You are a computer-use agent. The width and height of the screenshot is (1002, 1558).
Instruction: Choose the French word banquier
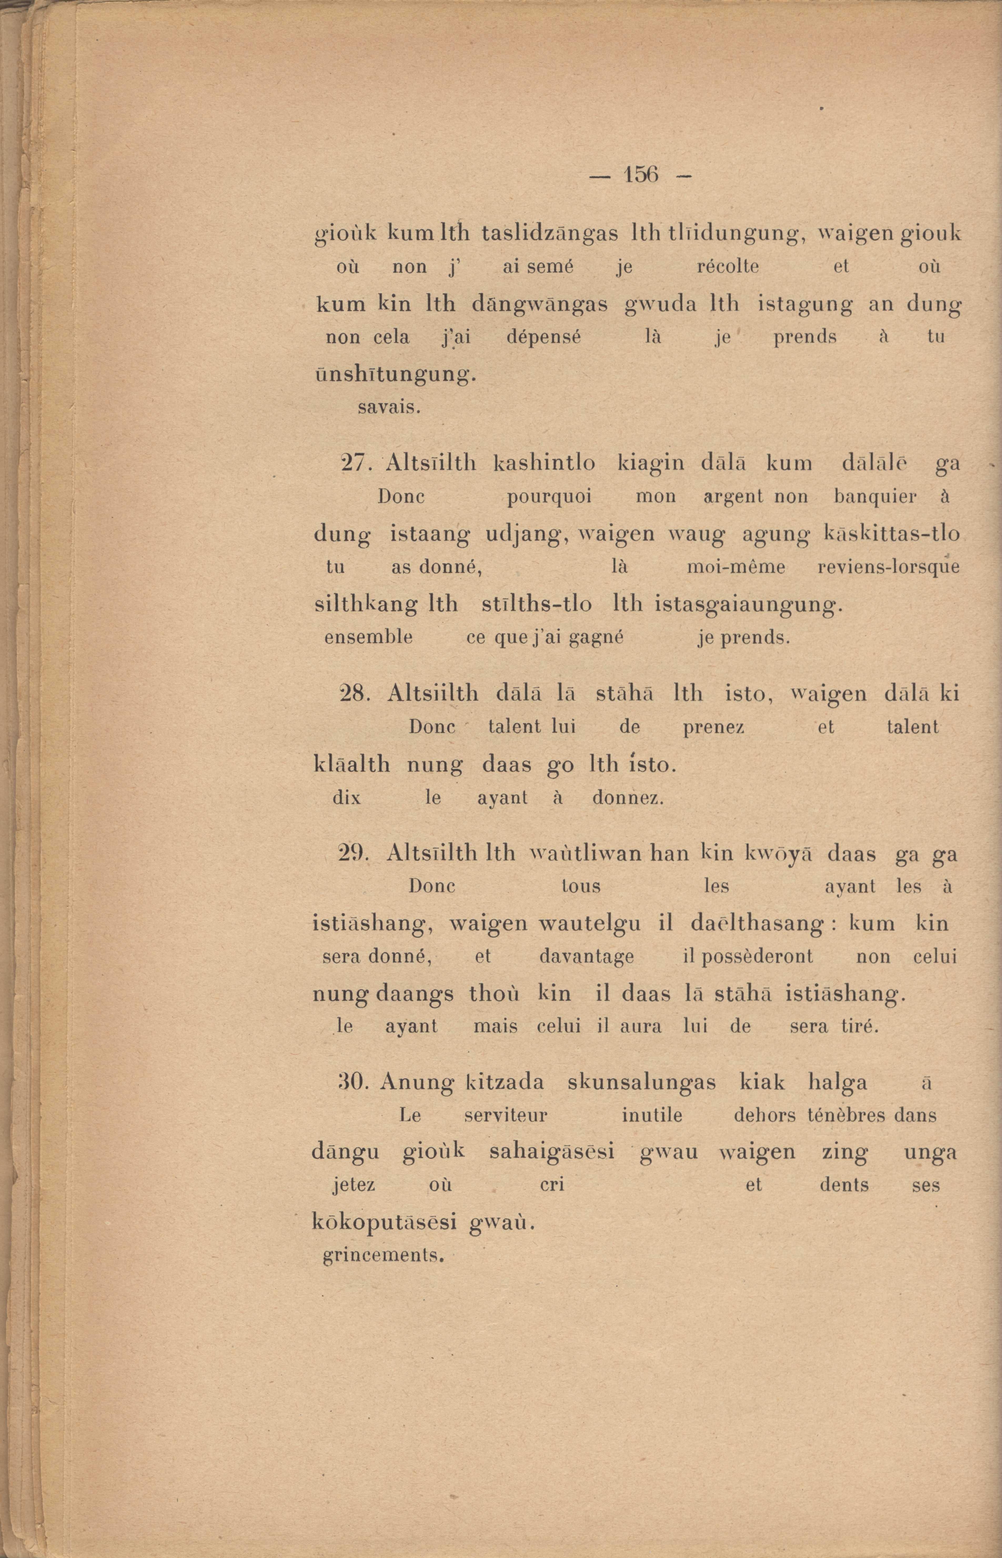click(875, 498)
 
